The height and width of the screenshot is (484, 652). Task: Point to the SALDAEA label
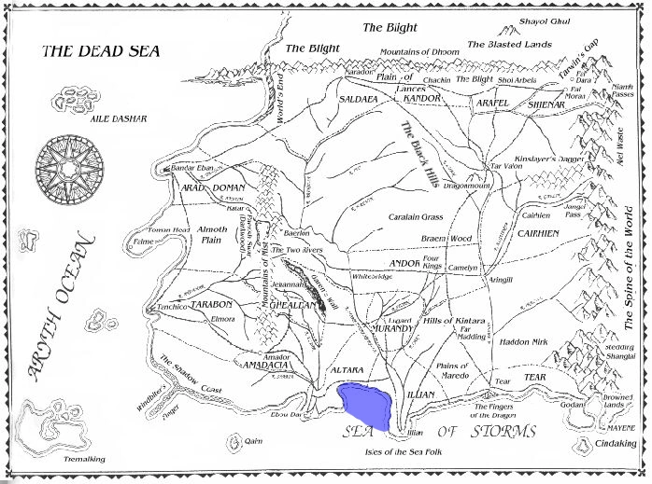click(361, 97)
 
